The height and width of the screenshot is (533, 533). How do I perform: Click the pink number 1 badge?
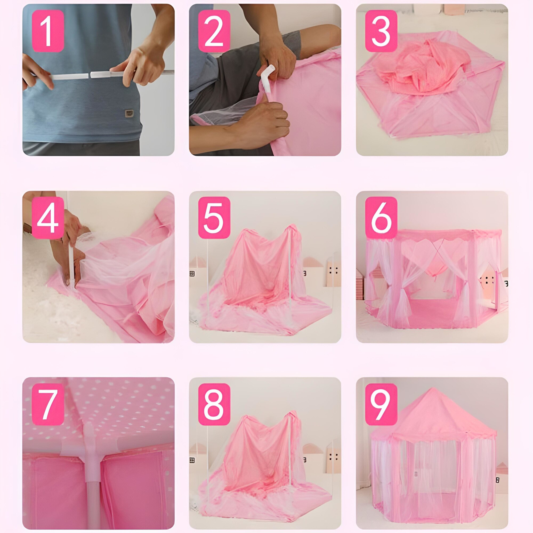(x=48, y=31)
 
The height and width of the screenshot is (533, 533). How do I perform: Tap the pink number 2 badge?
(x=214, y=31)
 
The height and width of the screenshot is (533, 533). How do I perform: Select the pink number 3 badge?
(x=381, y=31)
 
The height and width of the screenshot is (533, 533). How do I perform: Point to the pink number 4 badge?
(x=48, y=218)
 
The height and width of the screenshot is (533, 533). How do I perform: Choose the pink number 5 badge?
(x=214, y=218)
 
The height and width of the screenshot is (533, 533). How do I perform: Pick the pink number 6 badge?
(x=381, y=218)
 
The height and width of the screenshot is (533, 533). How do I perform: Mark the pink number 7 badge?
(x=48, y=404)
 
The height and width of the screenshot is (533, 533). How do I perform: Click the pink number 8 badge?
(x=214, y=404)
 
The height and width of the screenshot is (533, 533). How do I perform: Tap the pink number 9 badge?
(x=381, y=404)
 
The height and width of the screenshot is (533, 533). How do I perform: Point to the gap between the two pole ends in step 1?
(x=89, y=75)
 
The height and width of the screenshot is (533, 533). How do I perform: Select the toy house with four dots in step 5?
(x=334, y=272)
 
